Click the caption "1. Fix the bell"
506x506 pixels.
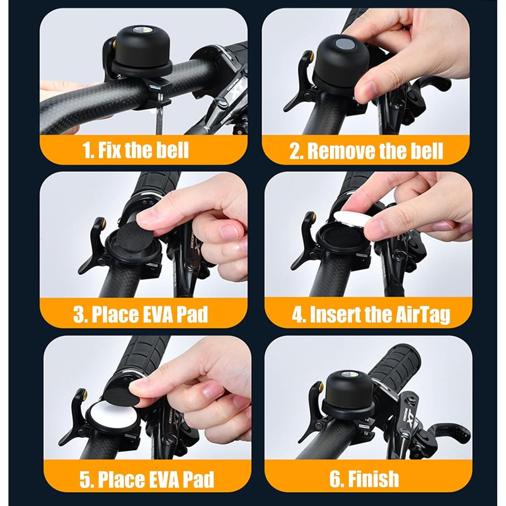point(136,150)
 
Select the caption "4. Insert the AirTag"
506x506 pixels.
point(371,314)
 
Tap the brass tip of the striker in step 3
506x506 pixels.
point(103,222)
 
